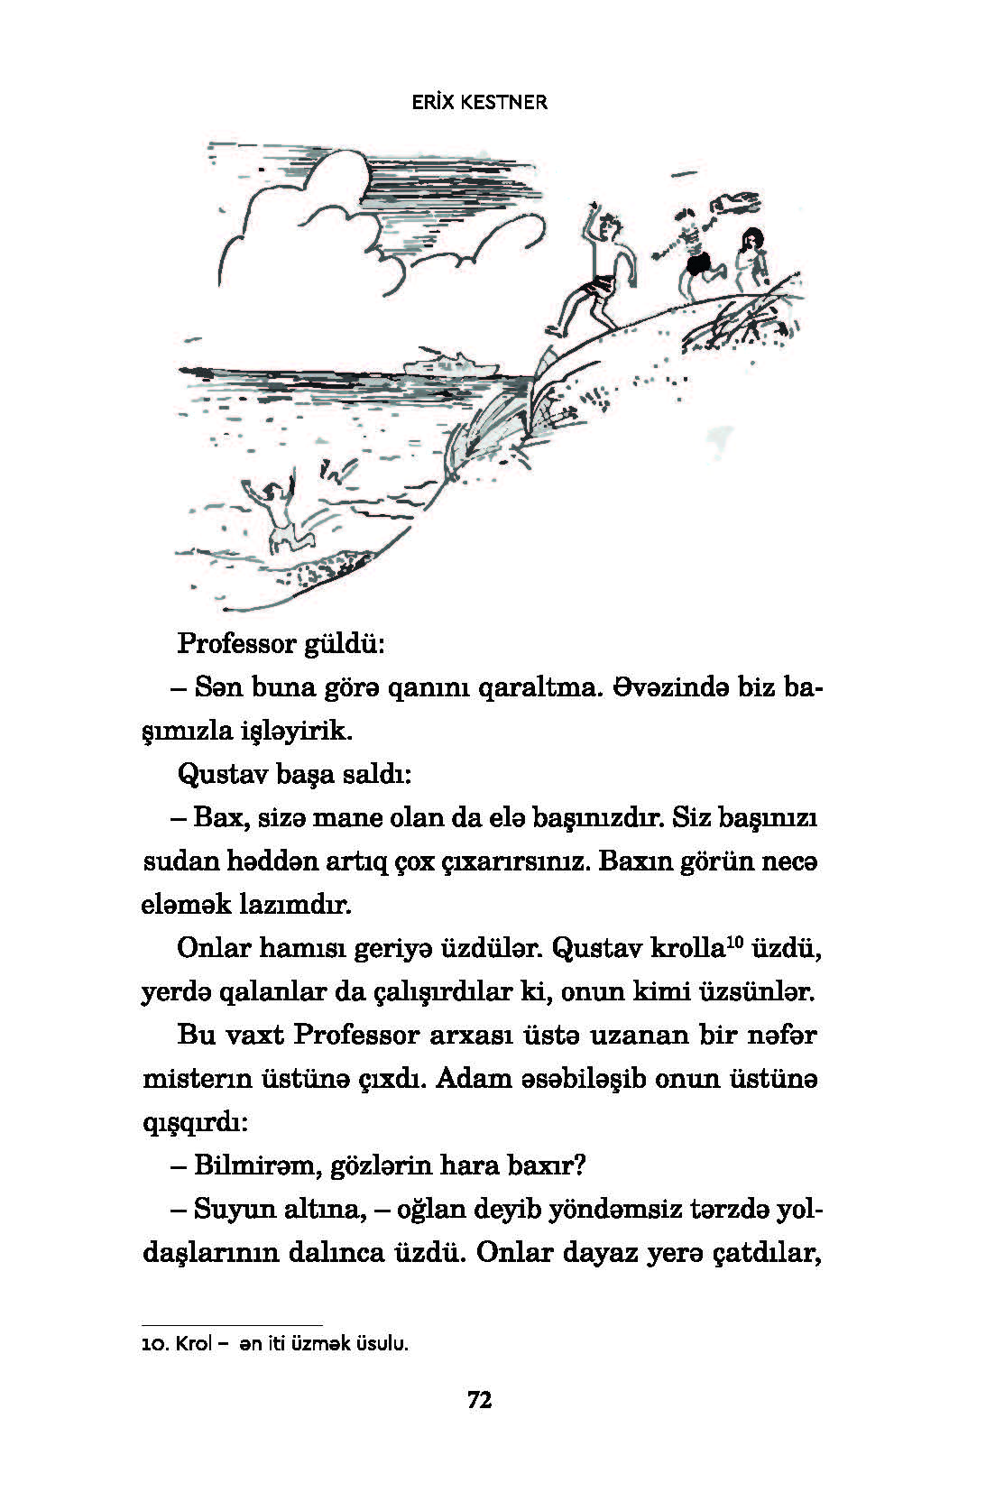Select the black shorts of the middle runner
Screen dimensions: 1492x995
click(x=696, y=265)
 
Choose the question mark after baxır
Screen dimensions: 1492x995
click(x=580, y=1165)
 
